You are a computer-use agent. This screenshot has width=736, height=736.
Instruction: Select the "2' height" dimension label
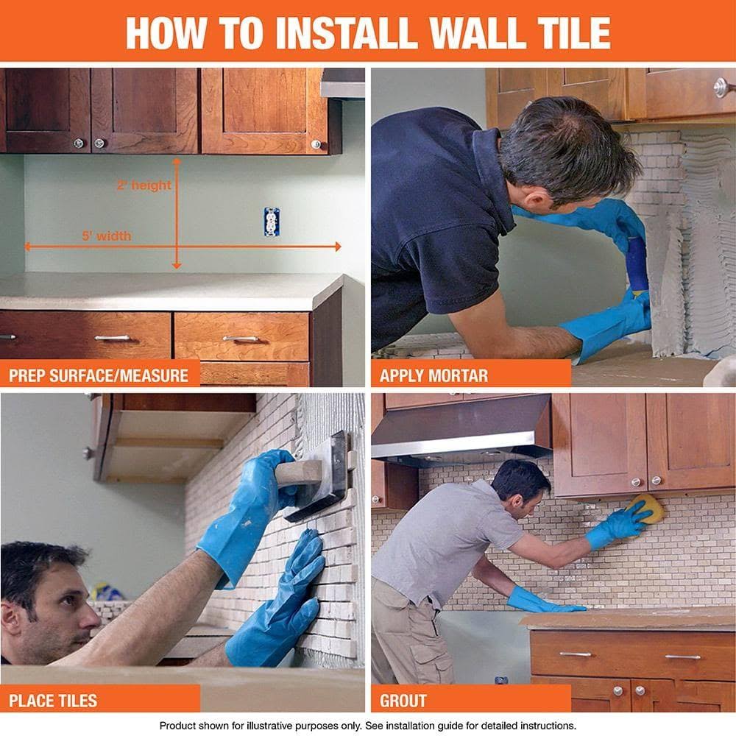pyautogui.click(x=144, y=185)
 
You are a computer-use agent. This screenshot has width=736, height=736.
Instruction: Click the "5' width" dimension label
pyautogui.click(x=107, y=236)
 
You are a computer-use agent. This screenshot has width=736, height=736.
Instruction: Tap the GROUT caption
pyautogui.click(x=403, y=700)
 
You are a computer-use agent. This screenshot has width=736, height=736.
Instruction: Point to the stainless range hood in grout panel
pyautogui.click(x=461, y=431)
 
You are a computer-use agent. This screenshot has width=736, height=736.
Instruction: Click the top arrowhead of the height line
pyautogui.click(x=177, y=160)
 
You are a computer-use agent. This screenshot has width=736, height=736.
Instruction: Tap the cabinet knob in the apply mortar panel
pyautogui.click(x=721, y=87)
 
